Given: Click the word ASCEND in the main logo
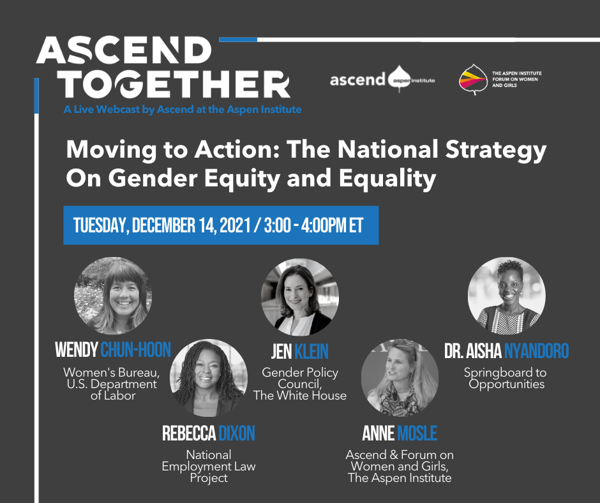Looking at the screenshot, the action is tap(124, 50).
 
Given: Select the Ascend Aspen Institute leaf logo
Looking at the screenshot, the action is tap(399, 79).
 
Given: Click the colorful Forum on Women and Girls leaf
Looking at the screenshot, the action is tap(474, 80).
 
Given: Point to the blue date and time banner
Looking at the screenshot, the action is tap(221, 225).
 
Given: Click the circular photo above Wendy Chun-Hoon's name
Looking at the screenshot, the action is tap(113, 296).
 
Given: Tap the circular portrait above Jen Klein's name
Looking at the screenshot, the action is tap(299, 297).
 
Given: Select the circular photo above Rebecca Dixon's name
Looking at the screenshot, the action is tap(209, 377).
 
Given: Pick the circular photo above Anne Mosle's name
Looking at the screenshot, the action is tap(400, 377).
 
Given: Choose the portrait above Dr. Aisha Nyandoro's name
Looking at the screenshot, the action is tap(507, 296).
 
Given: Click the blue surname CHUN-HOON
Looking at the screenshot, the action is tap(135, 350).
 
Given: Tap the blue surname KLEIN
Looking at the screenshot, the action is tap(311, 352).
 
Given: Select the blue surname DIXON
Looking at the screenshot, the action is tap(236, 433).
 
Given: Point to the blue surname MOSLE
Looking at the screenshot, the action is tap(417, 433).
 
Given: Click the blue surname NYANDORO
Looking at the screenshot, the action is tap(536, 351).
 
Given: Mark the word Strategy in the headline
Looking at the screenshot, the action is tap(496, 150).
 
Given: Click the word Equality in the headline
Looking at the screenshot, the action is tap(387, 179).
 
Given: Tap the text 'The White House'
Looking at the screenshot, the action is tap(300, 395).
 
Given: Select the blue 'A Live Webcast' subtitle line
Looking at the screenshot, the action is tap(183, 110).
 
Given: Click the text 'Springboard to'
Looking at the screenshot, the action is tap(505, 372).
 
